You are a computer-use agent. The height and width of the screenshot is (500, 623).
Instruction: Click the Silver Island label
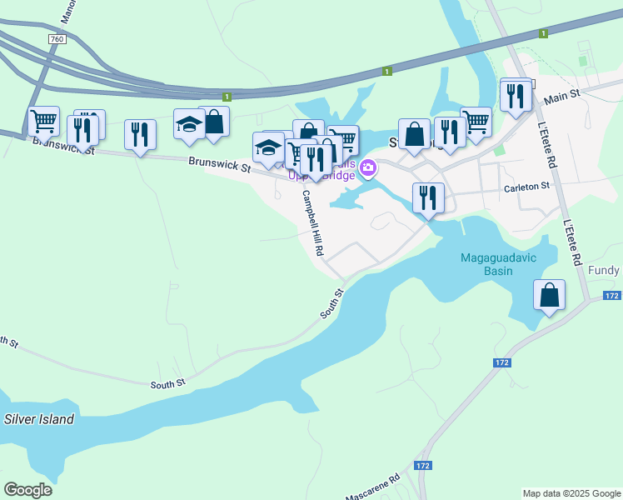point(38,419)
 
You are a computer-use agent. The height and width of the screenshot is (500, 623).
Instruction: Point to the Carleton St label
point(527,188)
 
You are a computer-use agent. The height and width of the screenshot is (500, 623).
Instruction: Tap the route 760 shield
point(57,39)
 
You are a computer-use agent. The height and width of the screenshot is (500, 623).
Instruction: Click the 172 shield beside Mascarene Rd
point(423,465)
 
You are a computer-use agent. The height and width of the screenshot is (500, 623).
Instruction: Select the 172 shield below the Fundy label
point(612,296)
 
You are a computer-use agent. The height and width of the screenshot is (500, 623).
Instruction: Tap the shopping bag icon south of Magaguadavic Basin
point(549,295)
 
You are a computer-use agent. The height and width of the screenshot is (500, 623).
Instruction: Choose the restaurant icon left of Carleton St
point(428,197)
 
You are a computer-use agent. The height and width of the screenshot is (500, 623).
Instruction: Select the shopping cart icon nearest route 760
point(43,121)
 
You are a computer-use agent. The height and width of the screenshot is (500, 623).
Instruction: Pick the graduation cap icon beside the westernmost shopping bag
point(189,124)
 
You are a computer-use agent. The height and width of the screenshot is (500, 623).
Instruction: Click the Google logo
point(27,490)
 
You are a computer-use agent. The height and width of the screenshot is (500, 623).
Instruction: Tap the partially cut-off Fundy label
point(605,271)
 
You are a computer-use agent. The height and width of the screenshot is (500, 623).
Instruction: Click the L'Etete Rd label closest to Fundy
point(571,242)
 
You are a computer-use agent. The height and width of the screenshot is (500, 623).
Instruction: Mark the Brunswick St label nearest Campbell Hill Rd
point(220,166)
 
